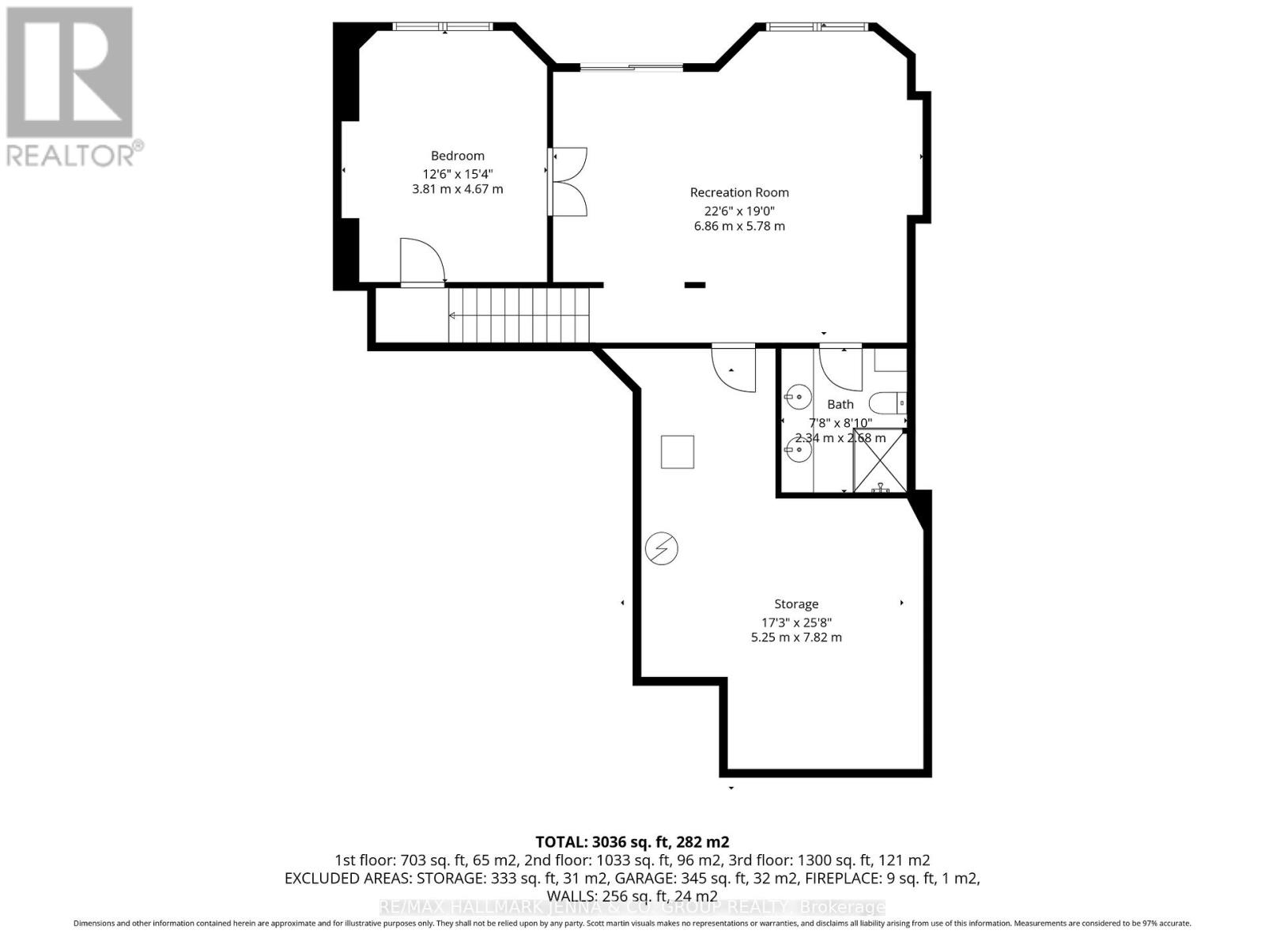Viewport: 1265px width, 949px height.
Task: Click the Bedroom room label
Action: (457, 156)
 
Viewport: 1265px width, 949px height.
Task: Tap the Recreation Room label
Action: (739, 192)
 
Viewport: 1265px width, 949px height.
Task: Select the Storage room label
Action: (795, 604)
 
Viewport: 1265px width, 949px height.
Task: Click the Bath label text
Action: (840, 404)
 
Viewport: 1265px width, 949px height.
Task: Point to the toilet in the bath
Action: (886, 403)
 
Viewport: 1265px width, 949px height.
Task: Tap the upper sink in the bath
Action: (798, 395)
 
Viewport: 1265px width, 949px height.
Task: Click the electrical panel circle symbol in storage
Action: (661, 548)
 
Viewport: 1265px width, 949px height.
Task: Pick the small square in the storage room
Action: (678, 452)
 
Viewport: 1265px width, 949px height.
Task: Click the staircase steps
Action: (519, 316)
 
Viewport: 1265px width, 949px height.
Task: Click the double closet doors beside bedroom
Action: (569, 182)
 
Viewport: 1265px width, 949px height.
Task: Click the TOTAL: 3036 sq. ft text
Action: (632, 841)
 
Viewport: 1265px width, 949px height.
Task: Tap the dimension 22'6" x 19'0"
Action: (739, 210)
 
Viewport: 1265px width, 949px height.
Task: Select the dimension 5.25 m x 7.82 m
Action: (795, 637)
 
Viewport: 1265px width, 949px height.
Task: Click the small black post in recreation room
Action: (694, 285)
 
